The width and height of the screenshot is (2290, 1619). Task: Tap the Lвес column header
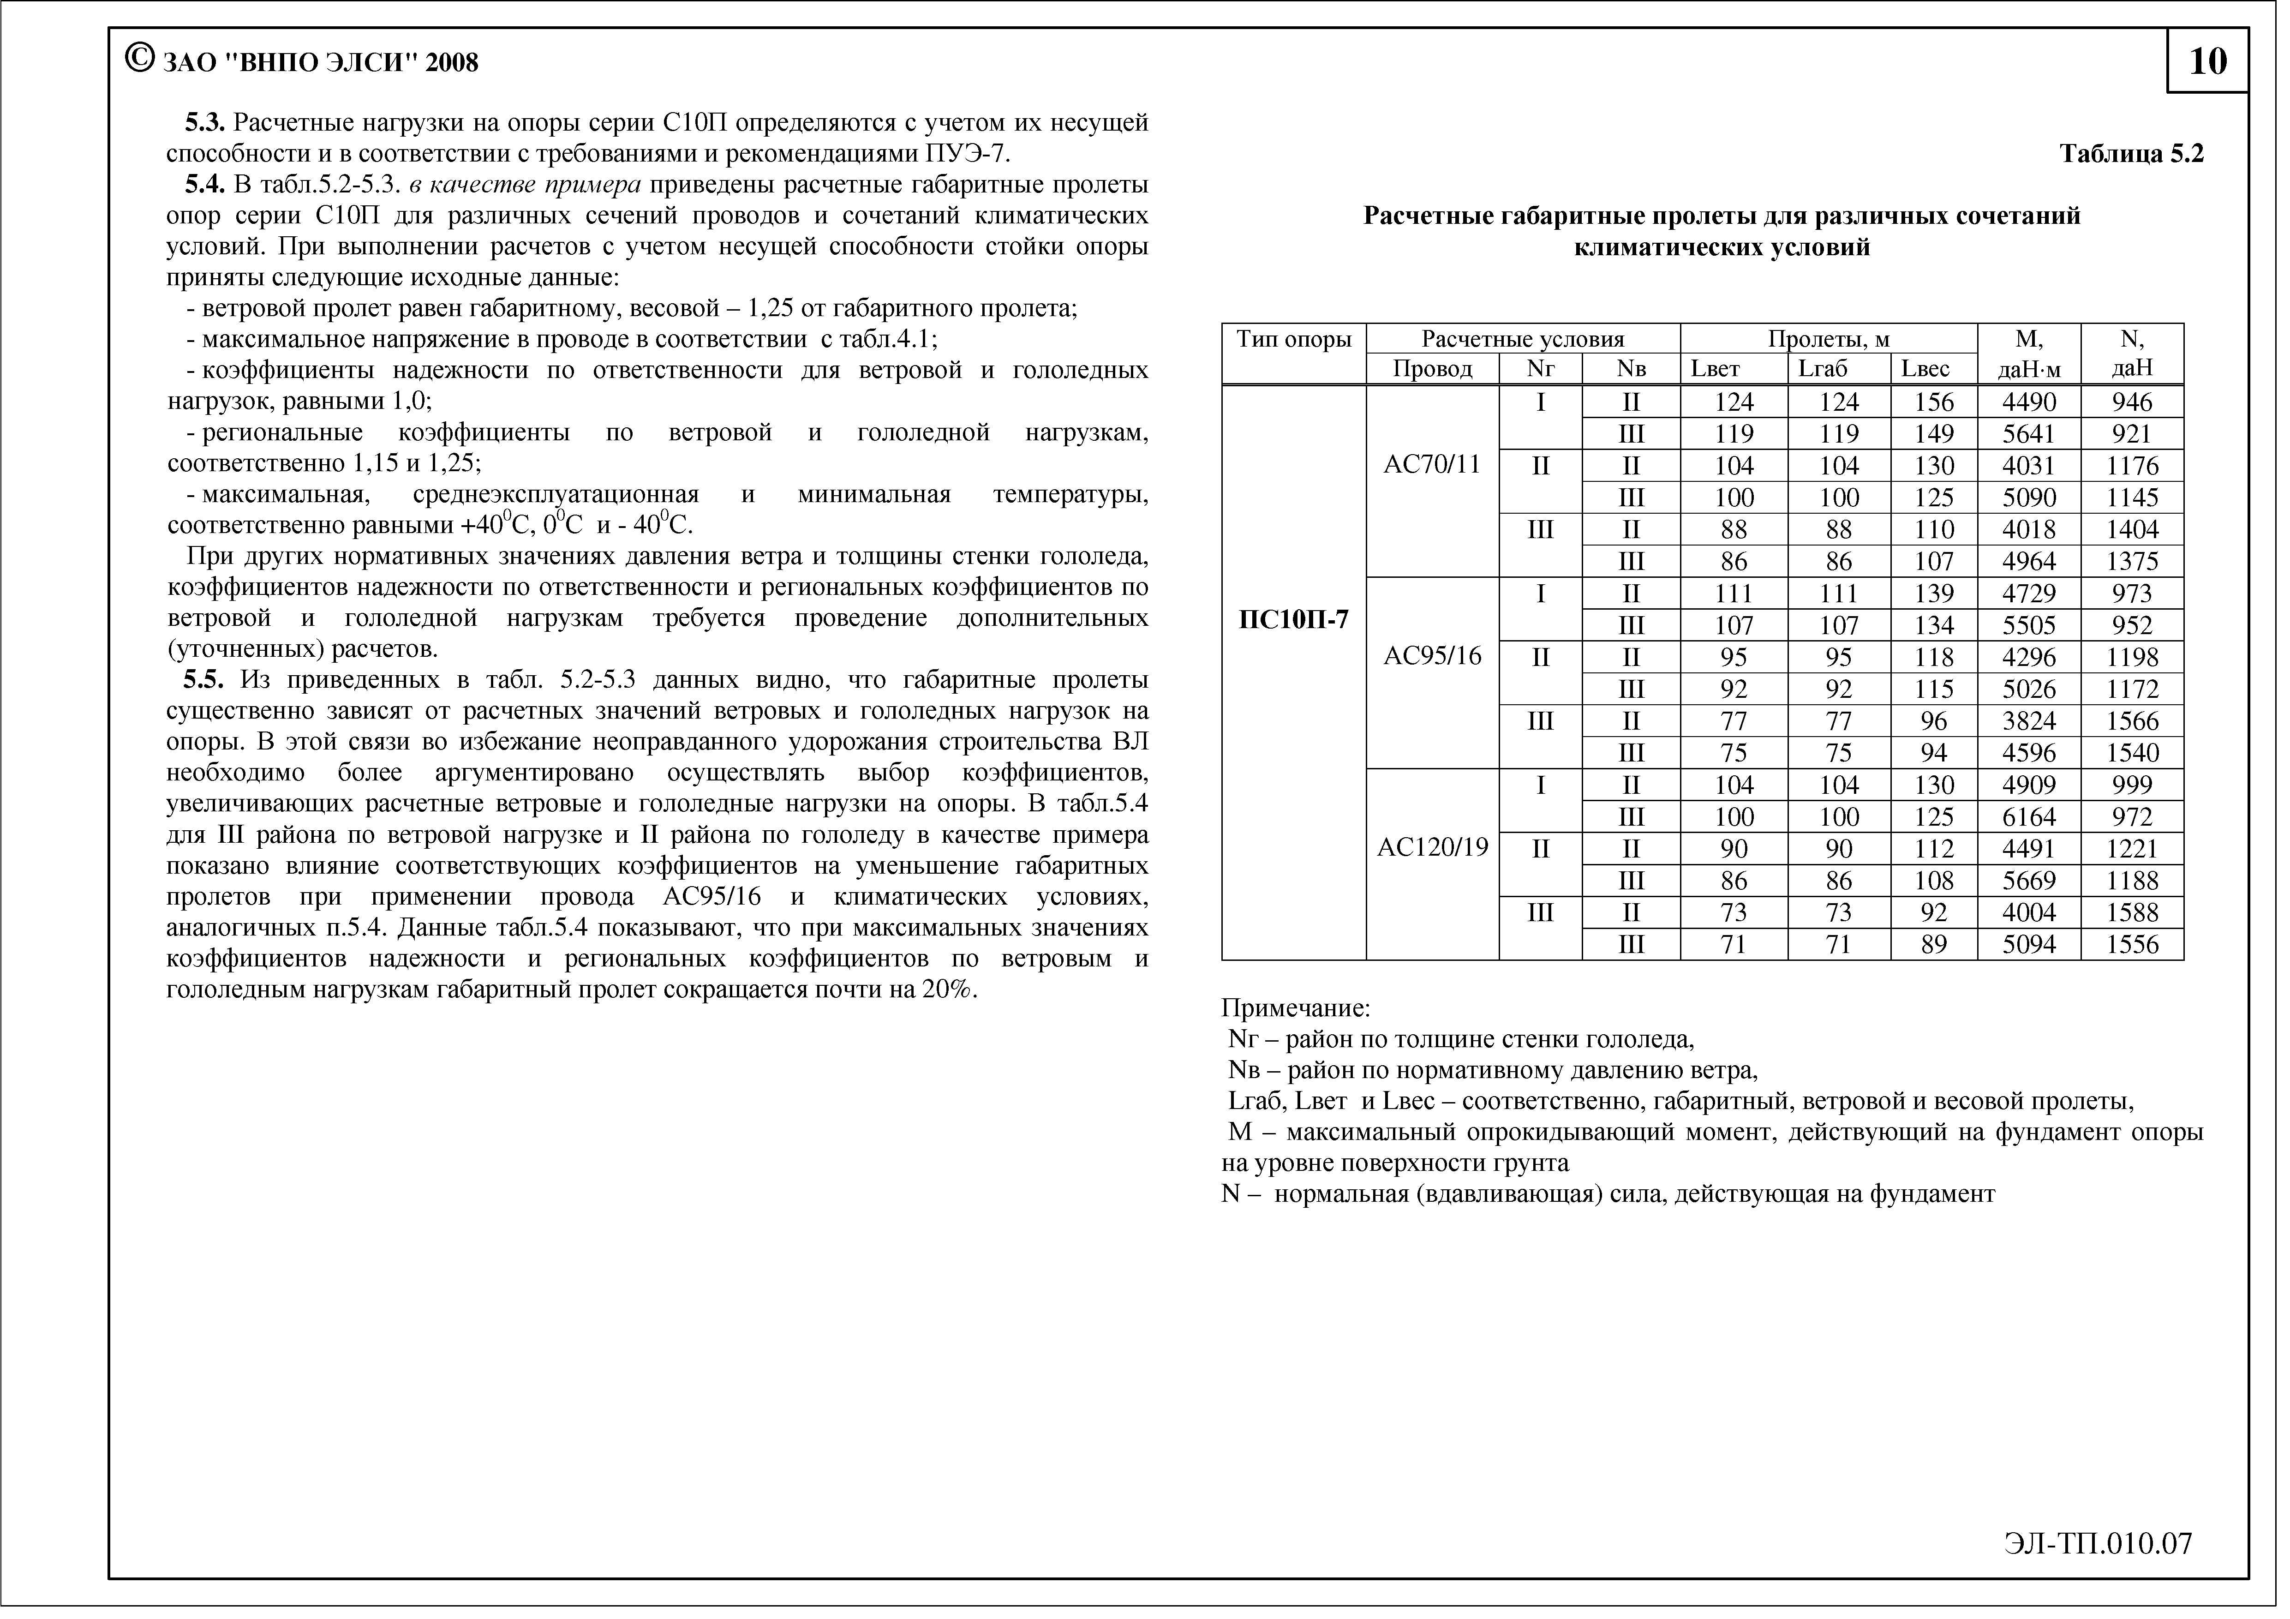point(1925,369)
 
